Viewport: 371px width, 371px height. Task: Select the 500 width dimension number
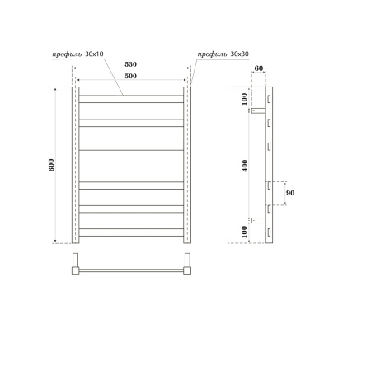131,77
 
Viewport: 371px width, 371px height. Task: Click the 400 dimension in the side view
245,165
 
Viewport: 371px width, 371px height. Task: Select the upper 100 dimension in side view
245,99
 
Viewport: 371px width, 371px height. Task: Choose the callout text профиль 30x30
223,54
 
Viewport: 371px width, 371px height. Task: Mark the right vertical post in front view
186,165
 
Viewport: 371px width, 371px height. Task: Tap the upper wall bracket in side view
258,110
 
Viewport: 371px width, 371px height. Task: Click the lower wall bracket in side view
258,220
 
